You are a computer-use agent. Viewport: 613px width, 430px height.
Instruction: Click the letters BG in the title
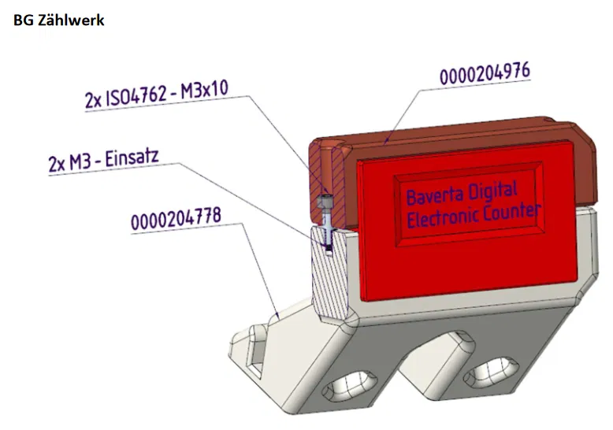[24, 20]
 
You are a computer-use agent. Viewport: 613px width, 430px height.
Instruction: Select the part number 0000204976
[484, 74]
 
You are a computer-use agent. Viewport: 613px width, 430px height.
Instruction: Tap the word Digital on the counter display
[493, 190]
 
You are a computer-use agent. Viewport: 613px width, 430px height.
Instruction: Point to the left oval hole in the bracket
[344, 387]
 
